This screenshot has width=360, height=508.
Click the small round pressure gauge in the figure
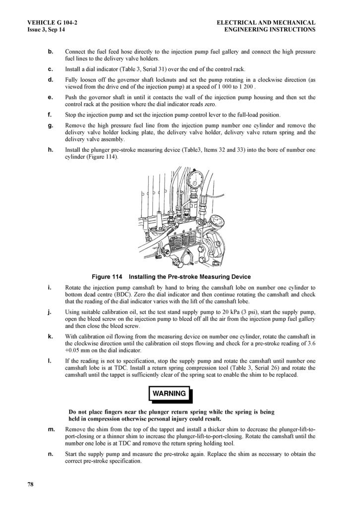coord(216,220)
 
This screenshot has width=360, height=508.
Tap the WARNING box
coord(170,393)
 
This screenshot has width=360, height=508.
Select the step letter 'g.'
coord(51,126)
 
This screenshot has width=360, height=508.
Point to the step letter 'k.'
coord(51,336)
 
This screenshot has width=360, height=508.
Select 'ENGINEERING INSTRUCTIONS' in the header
coord(270,30)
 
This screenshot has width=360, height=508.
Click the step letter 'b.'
coord(51,52)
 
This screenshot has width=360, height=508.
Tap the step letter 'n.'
coord(51,454)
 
